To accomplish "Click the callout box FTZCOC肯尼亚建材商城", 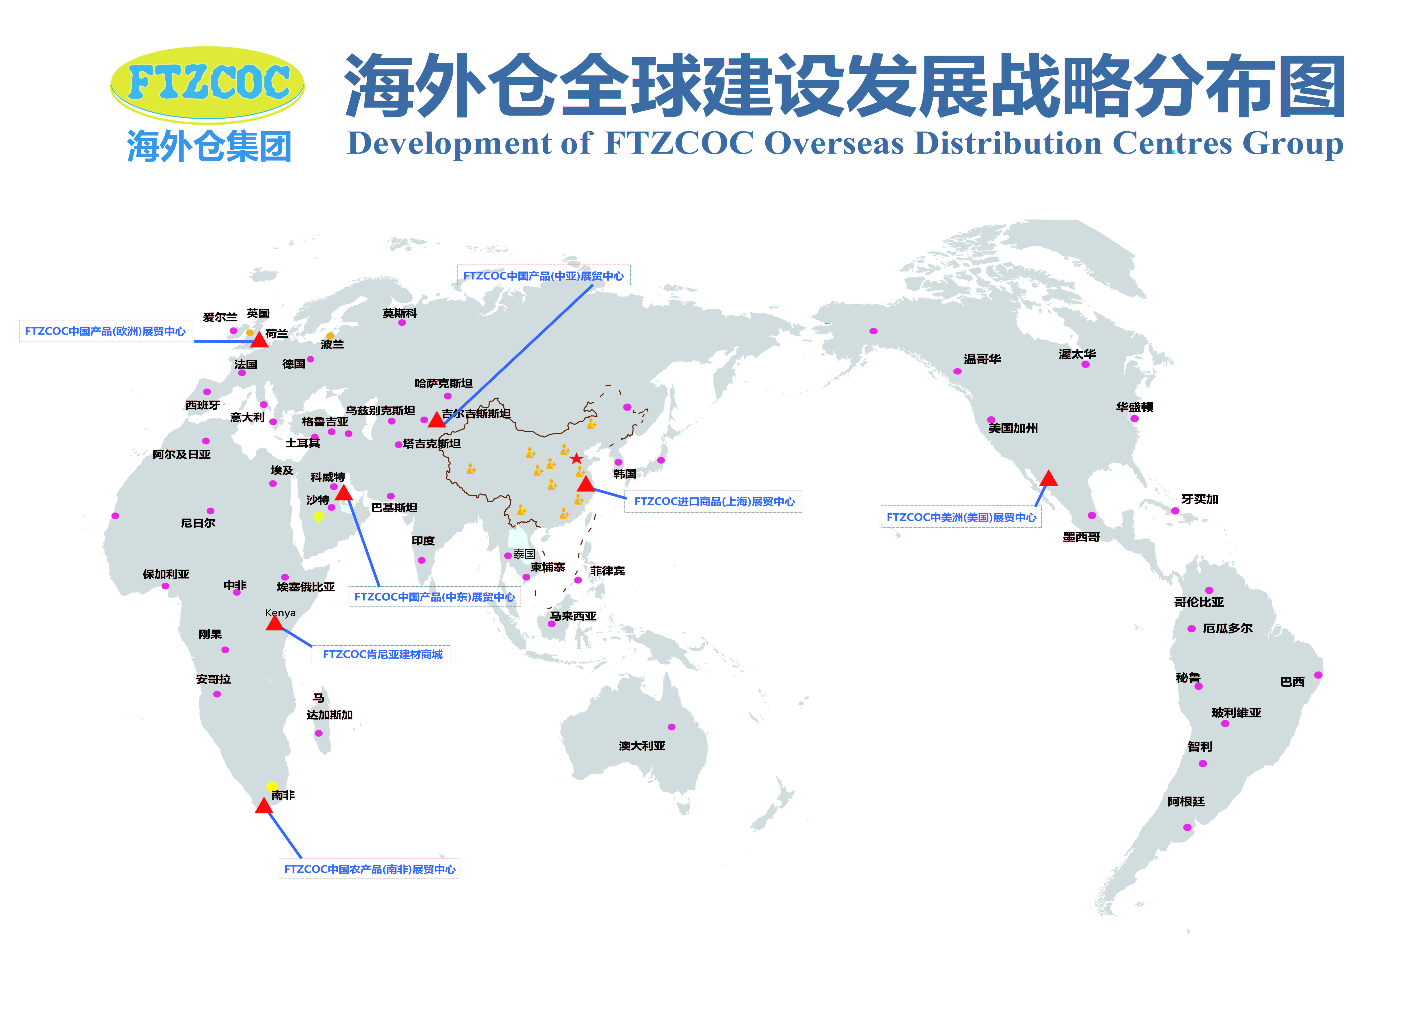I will [x=382, y=654].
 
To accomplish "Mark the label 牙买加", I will [x=1199, y=499].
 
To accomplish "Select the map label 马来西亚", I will [x=572, y=616].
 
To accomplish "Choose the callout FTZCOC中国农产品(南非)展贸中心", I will [x=369, y=869].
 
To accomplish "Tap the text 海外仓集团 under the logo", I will [x=209, y=147].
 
